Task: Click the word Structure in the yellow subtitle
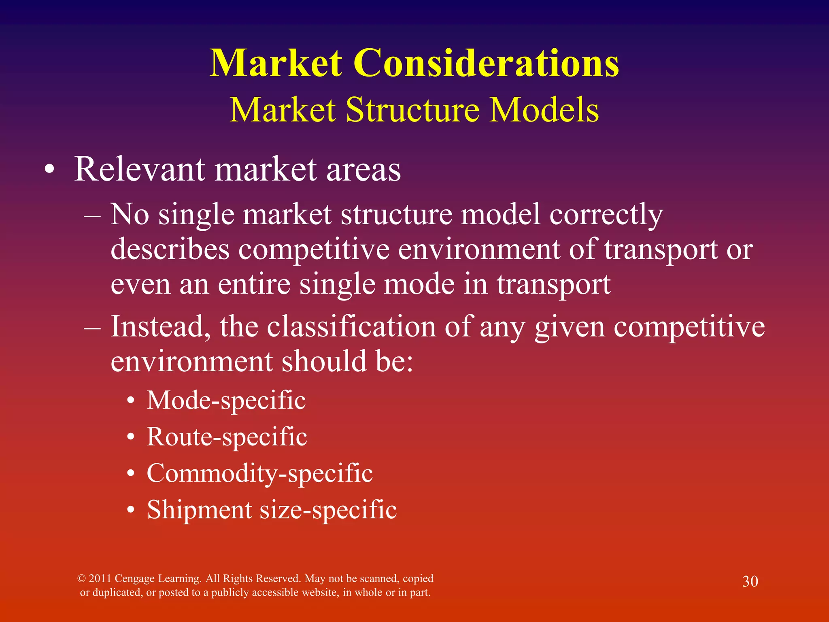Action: (413, 110)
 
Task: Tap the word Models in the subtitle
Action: (544, 110)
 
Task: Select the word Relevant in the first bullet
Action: (139, 169)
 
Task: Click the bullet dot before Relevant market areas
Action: (49, 170)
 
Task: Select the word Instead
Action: (160, 326)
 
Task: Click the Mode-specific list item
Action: (226, 400)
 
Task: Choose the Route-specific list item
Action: (227, 437)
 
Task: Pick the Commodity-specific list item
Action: (259, 473)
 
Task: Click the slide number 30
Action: (750, 582)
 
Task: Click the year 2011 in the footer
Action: (100, 578)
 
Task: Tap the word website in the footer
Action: (317, 592)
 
